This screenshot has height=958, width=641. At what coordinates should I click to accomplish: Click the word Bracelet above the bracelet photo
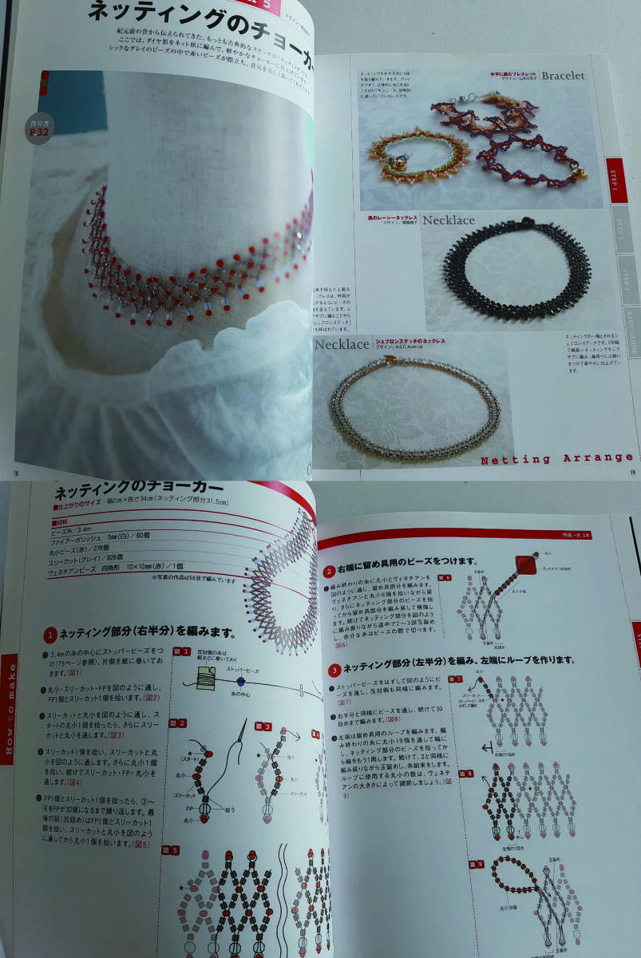pyautogui.click(x=562, y=76)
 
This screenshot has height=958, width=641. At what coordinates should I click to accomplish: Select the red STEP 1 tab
pyautogui.click(x=615, y=180)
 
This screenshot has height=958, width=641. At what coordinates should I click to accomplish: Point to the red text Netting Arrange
pyautogui.click(x=556, y=459)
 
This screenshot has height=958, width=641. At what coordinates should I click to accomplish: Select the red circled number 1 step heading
pyautogui.click(x=49, y=635)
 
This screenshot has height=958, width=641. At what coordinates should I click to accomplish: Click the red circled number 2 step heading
pyautogui.click(x=329, y=572)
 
